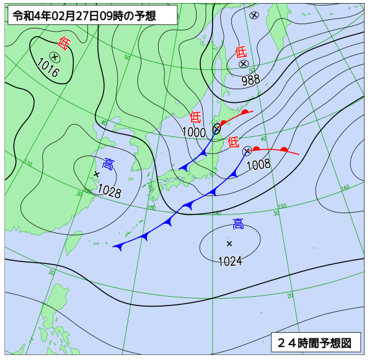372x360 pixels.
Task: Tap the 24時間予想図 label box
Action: pyautogui.click(x=315, y=341)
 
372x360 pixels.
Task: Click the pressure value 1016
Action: pyautogui.click(x=48, y=68)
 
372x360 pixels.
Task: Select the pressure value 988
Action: pyautogui.click(x=250, y=79)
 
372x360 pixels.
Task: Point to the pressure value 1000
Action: pyautogui.click(x=194, y=132)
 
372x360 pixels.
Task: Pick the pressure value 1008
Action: pyautogui.click(x=259, y=164)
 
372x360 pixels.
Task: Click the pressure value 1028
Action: pyautogui.click(x=109, y=191)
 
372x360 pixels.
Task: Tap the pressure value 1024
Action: pyautogui.click(x=230, y=261)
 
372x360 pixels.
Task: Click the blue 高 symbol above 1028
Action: pyautogui.click(x=108, y=164)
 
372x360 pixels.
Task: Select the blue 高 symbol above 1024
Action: pyautogui.click(x=238, y=224)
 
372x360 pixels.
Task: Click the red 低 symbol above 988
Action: pyautogui.click(x=241, y=51)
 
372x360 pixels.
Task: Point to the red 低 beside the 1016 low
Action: pyautogui.click(x=63, y=43)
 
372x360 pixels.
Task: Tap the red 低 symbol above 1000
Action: pyautogui.click(x=195, y=116)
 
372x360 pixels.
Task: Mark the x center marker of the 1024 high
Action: pyautogui.click(x=229, y=243)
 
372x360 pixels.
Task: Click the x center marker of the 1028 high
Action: pyautogui.click(x=96, y=174)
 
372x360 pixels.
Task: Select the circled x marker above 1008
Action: pyautogui.click(x=247, y=151)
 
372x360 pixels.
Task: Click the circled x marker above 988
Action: pyautogui.click(x=244, y=64)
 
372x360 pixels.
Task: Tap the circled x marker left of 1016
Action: pyautogui.click(x=55, y=56)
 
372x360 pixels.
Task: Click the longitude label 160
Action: pyautogui.click(x=345, y=187)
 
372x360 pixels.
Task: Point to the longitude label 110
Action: pyautogui.click(x=29, y=163)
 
